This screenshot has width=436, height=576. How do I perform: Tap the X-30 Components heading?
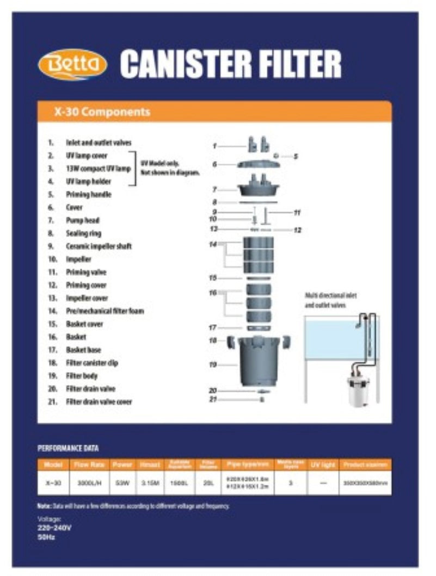click(x=102, y=112)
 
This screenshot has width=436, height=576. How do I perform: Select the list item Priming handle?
click(x=88, y=194)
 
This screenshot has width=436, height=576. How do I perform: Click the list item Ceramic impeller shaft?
click(x=99, y=246)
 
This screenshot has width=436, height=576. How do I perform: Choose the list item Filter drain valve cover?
click(x=99, y=402)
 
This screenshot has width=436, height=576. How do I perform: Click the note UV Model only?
click(x=160, y=163)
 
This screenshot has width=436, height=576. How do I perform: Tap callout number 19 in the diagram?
click(x=213, y=365)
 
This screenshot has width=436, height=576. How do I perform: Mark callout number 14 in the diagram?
click(x=213, y=245)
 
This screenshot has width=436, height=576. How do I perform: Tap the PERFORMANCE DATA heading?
click(x=68, y=449)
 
